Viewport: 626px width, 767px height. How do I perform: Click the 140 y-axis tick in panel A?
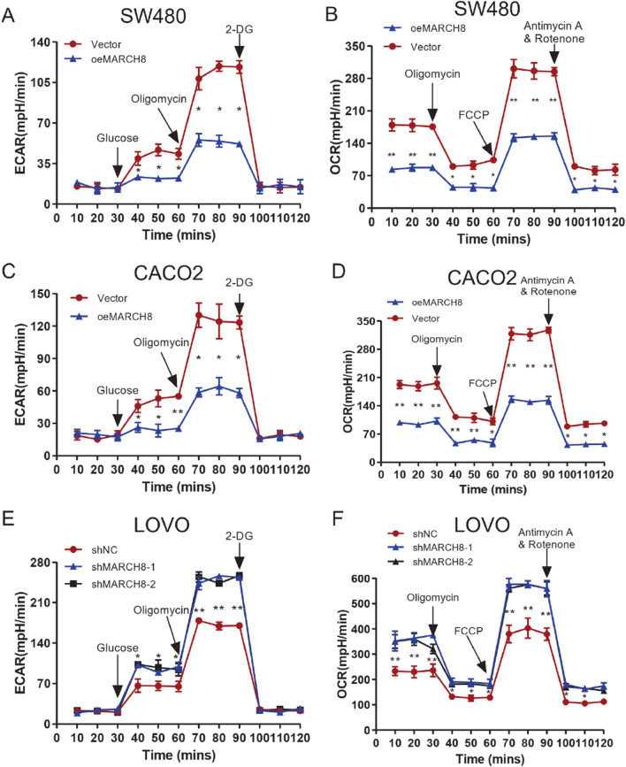coord(38,42)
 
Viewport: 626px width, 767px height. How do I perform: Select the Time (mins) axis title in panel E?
coord(165,759)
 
